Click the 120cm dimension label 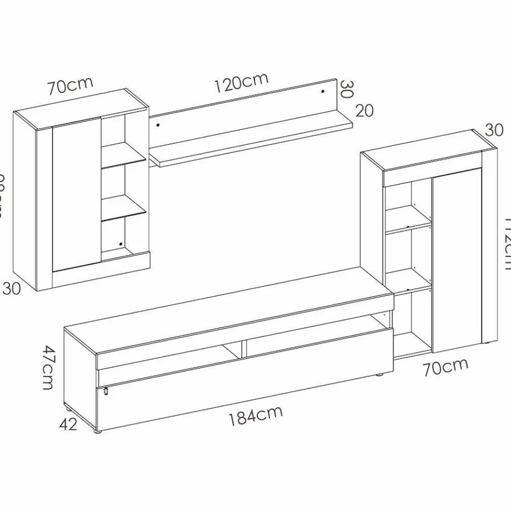pos(241,83)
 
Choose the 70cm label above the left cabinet pos(71,86)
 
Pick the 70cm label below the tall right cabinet pos(446,367)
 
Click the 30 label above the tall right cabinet pos(494,130)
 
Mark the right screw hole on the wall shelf pos(323,91)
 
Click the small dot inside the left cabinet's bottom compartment pos(121,244)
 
